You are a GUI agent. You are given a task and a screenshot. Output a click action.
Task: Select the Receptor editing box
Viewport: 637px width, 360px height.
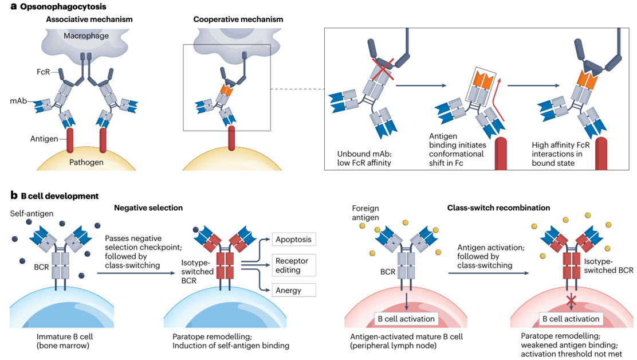pyautogui.click(x=292, y=265)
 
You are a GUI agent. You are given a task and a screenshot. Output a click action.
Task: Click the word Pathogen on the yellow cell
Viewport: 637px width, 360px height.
pyautogui.click(x=87, y=163)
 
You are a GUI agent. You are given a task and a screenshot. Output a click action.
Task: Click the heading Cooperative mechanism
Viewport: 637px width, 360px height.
pyautogui.click(x=238, y=19)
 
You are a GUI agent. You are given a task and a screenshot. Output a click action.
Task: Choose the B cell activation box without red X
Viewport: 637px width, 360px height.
pyautogui.click(x=405, y=319)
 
